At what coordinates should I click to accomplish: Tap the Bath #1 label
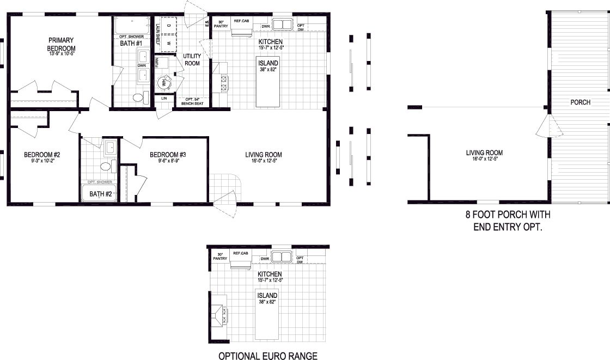131,43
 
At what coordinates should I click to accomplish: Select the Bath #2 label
100,194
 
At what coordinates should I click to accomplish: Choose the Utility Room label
192,59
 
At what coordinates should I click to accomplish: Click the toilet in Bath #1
138,98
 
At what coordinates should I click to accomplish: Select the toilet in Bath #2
106,166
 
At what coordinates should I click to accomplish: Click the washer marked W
169,42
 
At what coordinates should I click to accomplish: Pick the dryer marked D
169,26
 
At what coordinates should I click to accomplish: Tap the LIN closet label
163,99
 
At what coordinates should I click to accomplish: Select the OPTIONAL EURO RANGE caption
267,356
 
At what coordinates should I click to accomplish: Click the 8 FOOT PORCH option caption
507,220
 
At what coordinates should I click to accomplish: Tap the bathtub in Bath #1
131,26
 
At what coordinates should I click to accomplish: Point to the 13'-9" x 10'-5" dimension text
61,53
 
